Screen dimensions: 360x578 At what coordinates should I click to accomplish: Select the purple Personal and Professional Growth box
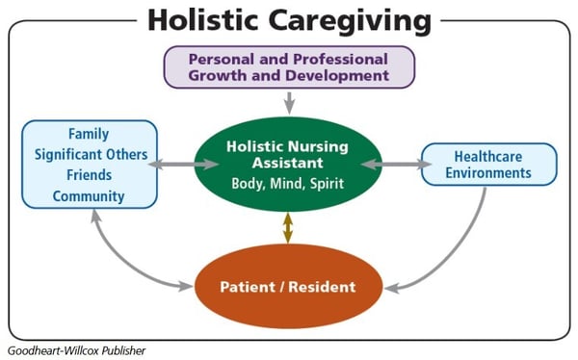pos(288,66)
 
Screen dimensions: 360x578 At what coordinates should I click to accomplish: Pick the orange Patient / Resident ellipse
pos(287,287)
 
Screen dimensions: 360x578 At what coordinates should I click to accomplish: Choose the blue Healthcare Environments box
pos(488,165)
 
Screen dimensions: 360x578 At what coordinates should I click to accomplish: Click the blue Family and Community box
pos(88,165)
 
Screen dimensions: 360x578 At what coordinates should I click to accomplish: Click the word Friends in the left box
pos(90,175)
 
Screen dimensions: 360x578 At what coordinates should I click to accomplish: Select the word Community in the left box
pos(90,196)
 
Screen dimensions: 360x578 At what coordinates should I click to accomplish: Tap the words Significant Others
pos(90,155)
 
